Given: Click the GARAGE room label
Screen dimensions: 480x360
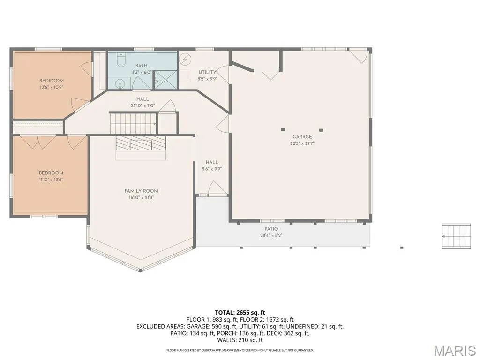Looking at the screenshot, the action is (302, 137).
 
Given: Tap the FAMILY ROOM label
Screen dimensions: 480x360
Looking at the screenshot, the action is (141, 191).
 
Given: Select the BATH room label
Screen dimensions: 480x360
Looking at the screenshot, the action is (142, 66).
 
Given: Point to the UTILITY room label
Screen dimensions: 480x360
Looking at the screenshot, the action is (207, 72).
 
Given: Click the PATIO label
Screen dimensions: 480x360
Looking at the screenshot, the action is (271, 229).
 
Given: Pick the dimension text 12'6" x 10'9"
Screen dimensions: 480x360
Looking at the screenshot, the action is (51, 87).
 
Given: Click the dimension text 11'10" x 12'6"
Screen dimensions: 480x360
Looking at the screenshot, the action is (51, 180).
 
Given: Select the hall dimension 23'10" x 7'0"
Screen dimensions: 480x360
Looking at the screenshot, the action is (142, 105).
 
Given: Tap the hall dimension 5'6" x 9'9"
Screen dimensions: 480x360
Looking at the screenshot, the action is (212, 169).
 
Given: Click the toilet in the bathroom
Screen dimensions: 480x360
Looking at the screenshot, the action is (120, 60).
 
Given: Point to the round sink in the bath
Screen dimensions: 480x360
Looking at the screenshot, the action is (120, 84).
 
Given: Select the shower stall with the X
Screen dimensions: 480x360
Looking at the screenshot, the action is (165, 80).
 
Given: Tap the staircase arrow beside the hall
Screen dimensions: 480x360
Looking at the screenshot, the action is (133, 124).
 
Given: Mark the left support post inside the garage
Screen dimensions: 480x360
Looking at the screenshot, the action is (283, 130).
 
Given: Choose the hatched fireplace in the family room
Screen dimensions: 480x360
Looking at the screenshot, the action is (141, 143).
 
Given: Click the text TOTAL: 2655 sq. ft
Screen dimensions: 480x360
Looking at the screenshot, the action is (240, 313).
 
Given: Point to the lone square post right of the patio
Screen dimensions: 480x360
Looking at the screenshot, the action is (402, 247).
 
